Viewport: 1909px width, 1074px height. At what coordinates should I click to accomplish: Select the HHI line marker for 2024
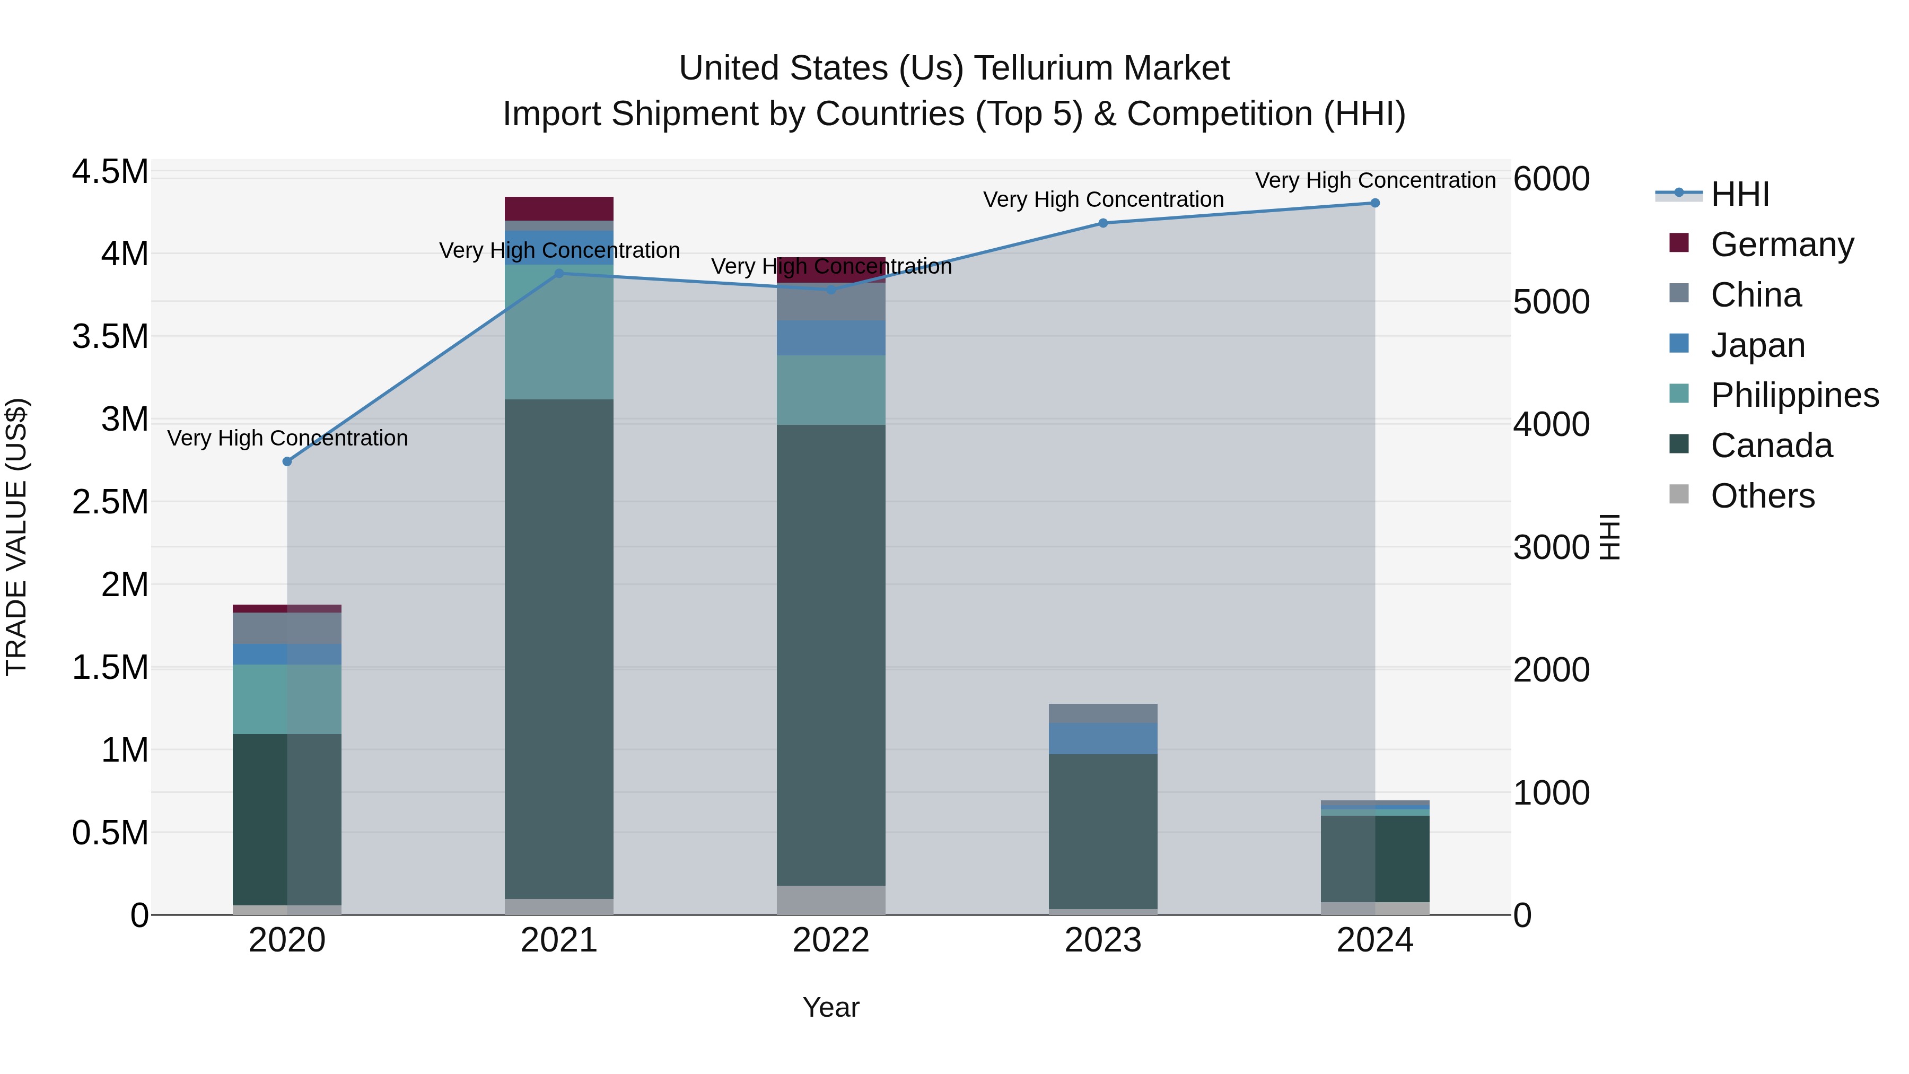1374,203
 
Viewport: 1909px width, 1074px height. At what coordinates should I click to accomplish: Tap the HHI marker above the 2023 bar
1103,223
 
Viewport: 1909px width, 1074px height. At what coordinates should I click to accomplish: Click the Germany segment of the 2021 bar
559,208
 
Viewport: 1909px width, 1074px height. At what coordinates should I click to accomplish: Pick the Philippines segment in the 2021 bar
559,332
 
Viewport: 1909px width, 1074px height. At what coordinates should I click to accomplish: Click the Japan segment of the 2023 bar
1103,738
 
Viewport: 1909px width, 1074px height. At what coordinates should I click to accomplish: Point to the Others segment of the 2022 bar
831,900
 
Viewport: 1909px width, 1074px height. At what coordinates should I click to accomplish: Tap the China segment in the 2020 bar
287,628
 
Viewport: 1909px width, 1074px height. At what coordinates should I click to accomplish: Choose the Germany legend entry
1782,245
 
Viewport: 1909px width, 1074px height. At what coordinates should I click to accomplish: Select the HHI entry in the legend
1739,194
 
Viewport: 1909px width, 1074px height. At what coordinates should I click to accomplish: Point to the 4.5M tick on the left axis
110,172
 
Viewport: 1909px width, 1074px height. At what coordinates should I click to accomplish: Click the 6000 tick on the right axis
1551,179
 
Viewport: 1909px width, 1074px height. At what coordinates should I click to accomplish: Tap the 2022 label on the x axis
831,940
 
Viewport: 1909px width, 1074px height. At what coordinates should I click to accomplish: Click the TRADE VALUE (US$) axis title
16,537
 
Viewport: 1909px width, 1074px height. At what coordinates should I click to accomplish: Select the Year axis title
831,1007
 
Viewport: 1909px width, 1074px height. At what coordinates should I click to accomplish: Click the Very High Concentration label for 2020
287,438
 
